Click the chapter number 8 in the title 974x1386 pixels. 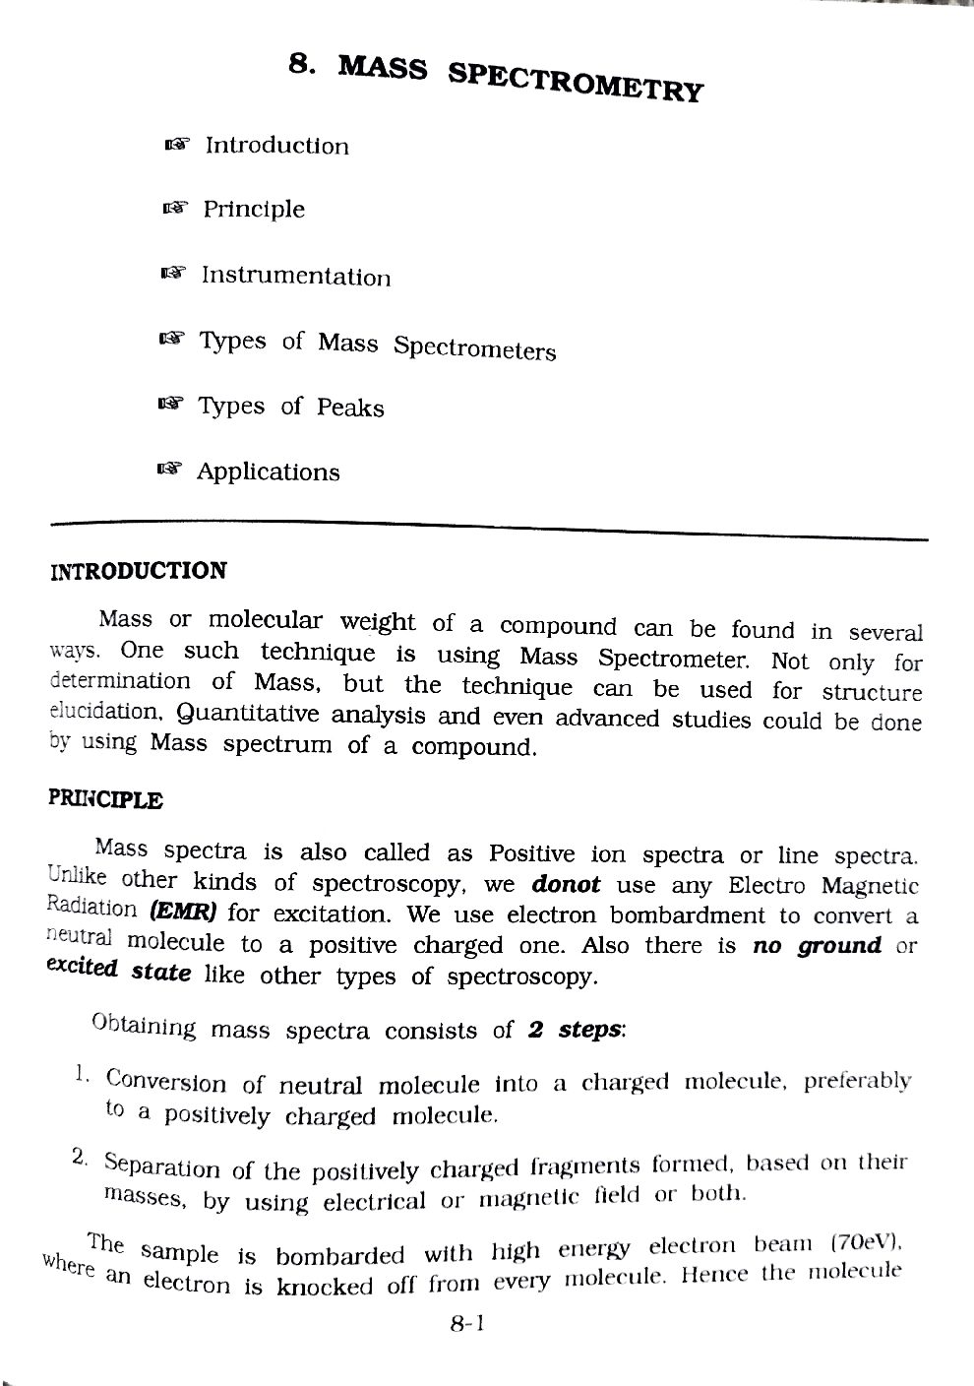click(298, 66)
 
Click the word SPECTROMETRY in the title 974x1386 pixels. click(576, 80)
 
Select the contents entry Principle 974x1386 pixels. click(254, 210)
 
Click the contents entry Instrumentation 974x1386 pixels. click(295, 277)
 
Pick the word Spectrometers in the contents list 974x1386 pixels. click(474, 349)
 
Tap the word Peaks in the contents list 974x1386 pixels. click(350, 408)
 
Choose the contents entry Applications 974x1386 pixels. click(268, 472)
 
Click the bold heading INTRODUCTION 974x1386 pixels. click(138, 572)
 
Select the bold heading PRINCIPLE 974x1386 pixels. click(105, 799)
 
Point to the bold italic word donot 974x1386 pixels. click(565, 884)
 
